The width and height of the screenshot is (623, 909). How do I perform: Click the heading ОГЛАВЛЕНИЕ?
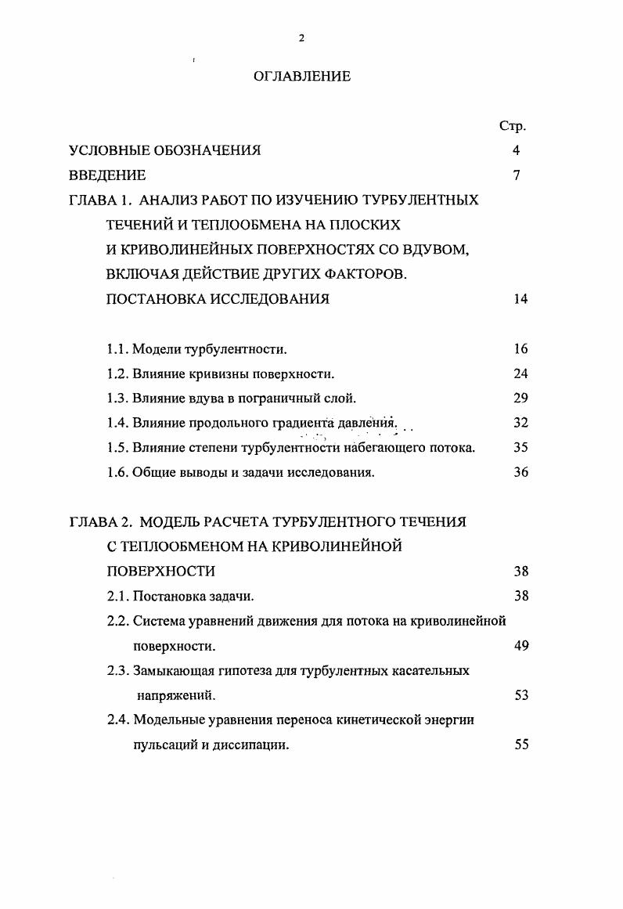coord(302,77)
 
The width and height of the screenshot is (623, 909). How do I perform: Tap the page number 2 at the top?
coord(301,40)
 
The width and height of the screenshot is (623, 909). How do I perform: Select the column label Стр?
coord(512,126)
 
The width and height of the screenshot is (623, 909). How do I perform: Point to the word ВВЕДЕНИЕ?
coord(107,175)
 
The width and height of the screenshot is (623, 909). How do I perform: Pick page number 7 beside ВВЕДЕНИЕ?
coord(517,175)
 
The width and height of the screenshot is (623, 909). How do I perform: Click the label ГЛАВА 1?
coord(99,200)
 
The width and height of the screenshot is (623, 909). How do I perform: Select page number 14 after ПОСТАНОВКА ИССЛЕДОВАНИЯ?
coord(521,299)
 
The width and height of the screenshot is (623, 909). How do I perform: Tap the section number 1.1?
coord(117,349)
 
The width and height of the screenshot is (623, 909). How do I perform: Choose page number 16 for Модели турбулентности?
coord(521,349)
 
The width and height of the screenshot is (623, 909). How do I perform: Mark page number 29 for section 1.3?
coord(521,399)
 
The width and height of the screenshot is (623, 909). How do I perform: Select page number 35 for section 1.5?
coord(521,449)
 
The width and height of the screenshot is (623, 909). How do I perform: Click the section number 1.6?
coord(117,473)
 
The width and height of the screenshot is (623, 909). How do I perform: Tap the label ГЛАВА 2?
coord(99,522)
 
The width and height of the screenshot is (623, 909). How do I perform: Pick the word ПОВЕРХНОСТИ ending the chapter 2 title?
coord(160,572)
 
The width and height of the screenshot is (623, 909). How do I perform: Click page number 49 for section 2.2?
coord(521,646)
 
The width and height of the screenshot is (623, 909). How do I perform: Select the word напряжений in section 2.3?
coord(176,695)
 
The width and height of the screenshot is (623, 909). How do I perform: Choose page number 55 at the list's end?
coord(521,745)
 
